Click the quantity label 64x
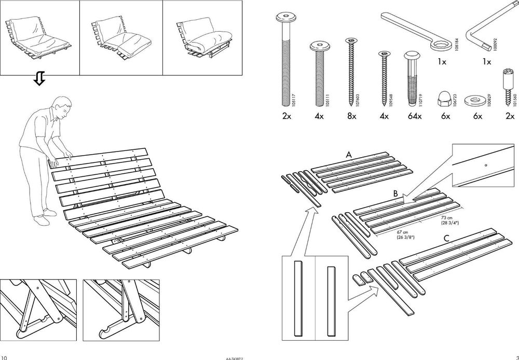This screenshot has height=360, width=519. tap(415, 116)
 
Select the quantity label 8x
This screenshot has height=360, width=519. tap(351, 116)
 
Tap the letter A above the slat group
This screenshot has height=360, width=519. tap(349, 155)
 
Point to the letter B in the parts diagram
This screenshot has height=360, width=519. tap(395, 193)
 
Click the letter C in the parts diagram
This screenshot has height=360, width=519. tap(446, 239)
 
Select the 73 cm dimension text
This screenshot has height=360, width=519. tap(447, 219)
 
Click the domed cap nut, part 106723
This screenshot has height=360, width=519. tap(445, 94)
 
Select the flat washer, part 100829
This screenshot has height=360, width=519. tap(475, 98)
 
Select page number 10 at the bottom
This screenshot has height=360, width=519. tap(5, 357)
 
